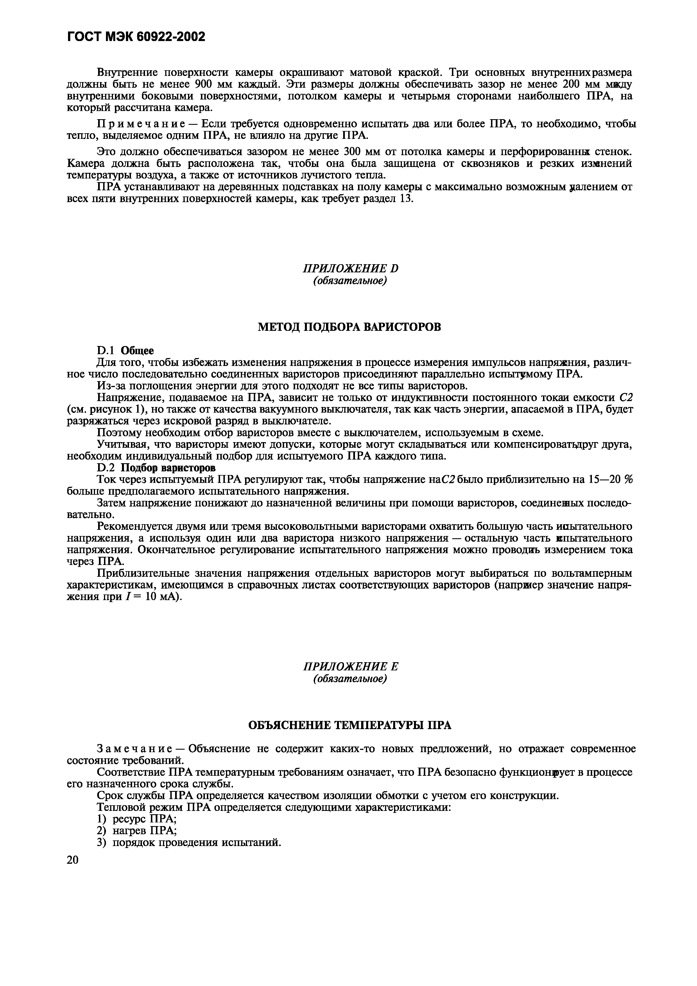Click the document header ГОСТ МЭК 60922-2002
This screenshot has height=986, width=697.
point(136,37)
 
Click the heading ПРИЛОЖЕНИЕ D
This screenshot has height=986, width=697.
point(350,268)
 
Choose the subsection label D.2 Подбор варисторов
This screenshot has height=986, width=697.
point(156,467)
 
